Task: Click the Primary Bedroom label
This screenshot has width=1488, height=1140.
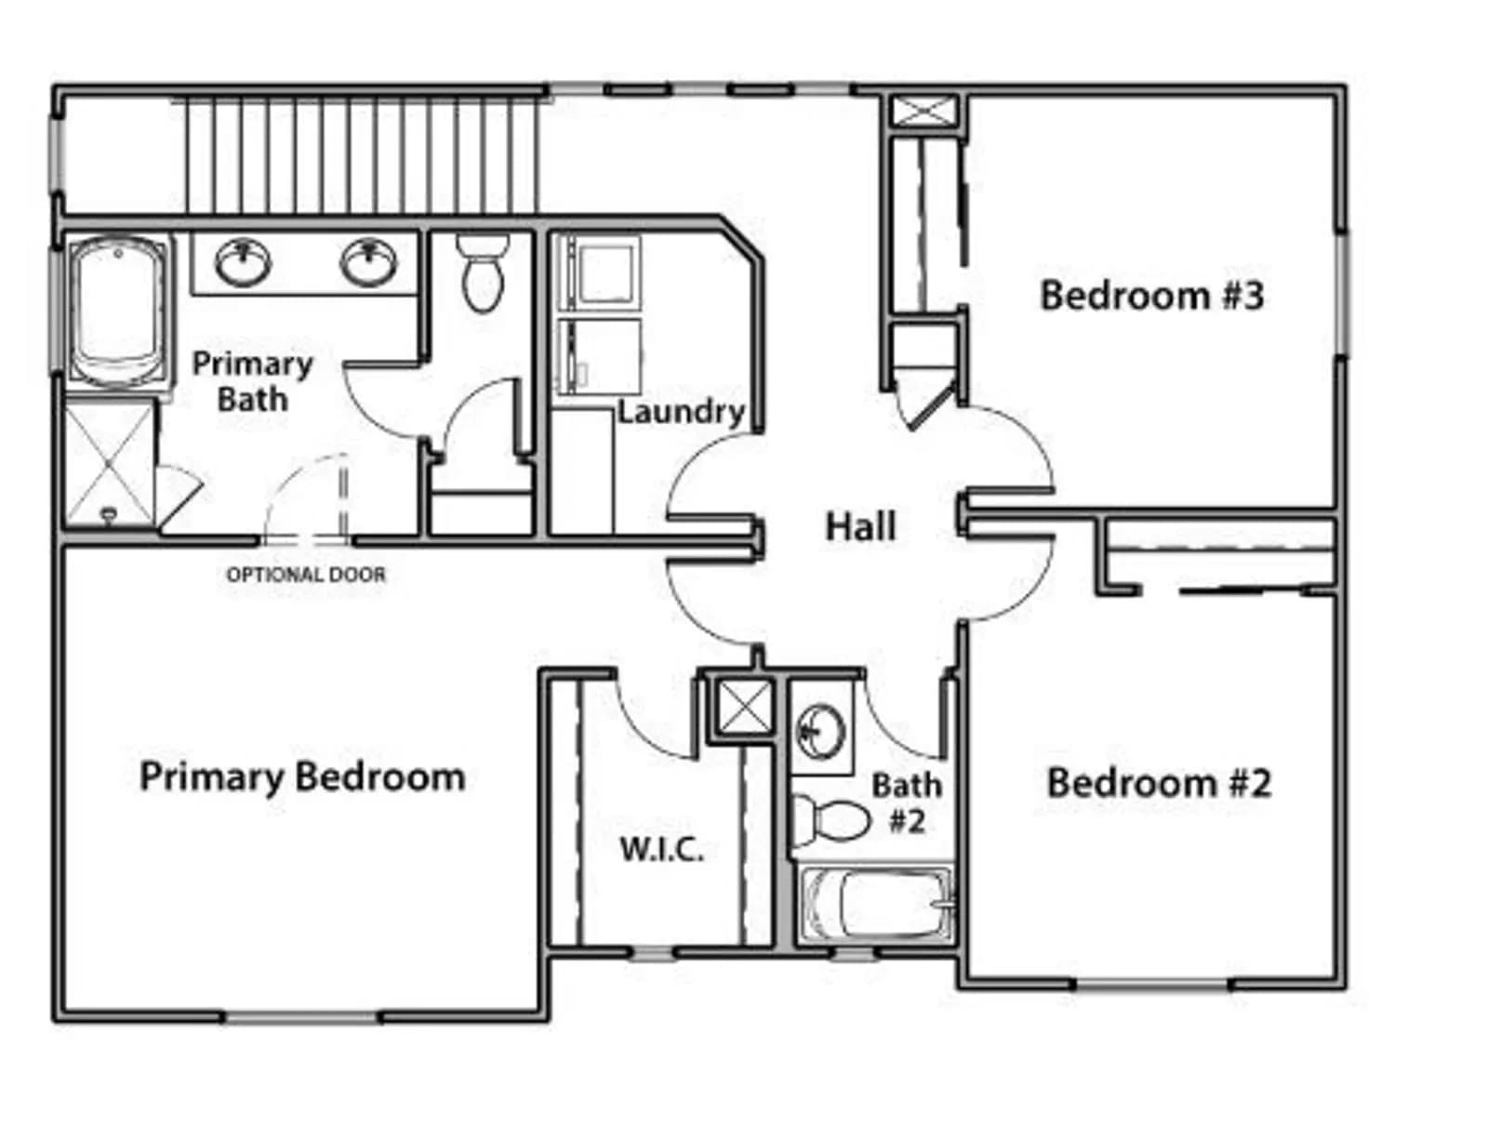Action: click(302, 777)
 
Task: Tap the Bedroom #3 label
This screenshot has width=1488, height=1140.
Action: click(1151, 296)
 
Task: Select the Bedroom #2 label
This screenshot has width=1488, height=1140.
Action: click(1159, 783)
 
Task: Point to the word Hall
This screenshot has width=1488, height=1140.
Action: click(861, 527)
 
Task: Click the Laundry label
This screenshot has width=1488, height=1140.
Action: click(682, 413)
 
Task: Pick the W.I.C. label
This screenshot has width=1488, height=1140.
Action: click(661, 850)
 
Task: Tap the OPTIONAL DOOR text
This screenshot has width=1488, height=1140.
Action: click(306, 575)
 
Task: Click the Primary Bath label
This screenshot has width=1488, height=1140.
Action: click(252, 381)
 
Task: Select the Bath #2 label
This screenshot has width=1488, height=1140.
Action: click(907, 803)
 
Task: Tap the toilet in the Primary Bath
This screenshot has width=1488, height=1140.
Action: click(484, 272)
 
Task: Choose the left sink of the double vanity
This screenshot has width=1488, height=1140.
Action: click(243, 262)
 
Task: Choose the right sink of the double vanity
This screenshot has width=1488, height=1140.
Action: click(369, 262)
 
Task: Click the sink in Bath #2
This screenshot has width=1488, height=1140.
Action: click(821, 732)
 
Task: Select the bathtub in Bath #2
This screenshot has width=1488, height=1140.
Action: click(878, 905)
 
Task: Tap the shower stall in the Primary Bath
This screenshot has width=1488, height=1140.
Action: click(110, 464)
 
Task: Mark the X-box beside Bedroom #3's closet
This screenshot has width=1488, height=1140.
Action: click(923, 112)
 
